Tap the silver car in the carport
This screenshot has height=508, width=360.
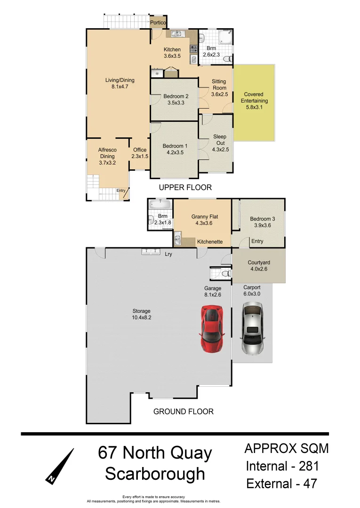coord(253,328)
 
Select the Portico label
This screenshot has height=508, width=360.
coord(158,22)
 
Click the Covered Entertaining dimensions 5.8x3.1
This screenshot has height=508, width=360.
coord(254,107)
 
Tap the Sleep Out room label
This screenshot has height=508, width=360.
coord(220,140)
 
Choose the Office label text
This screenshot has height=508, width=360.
coord(140,150)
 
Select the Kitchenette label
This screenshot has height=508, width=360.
coord(210,242)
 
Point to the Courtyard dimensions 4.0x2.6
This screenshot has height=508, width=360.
coord(259,270)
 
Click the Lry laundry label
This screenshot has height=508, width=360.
coord(168,254)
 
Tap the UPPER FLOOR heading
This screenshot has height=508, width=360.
coord(185,187)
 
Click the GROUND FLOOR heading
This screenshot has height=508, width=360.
coord(184,412)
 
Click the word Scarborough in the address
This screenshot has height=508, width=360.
coord(155,473)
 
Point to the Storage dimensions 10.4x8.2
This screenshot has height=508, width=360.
coord(141,317)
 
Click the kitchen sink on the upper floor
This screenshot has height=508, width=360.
coord(176,34)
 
